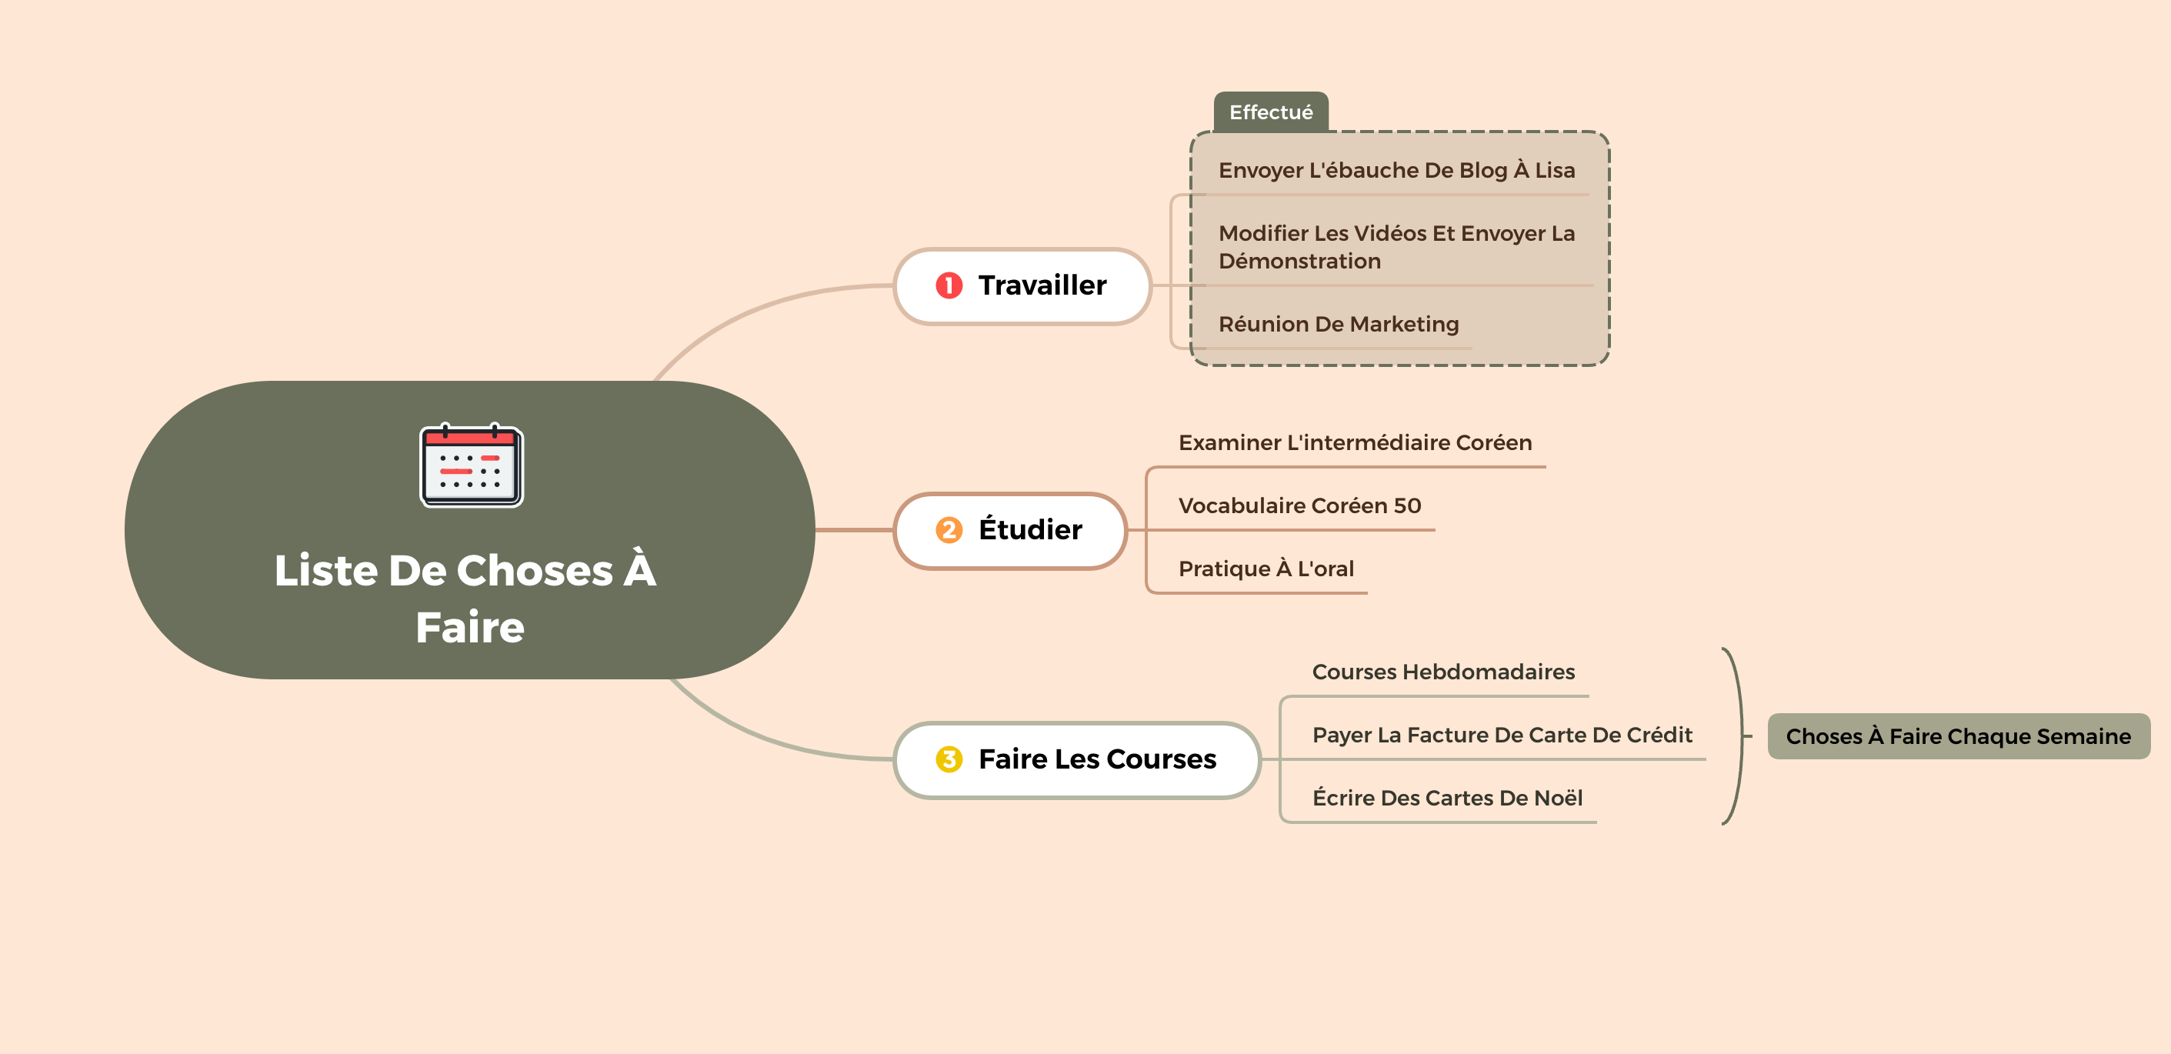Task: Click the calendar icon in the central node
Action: (x=471, y=465)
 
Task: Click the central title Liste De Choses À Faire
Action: (x=467, y=599)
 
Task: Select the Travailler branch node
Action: (x=1022, y=286)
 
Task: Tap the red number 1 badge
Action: (x=949, y=285)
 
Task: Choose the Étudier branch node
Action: (x=1011, y=531)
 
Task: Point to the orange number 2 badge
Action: (x=949, y=530)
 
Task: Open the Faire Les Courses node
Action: (x=1077, y=760)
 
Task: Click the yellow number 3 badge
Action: (x=949, y=759)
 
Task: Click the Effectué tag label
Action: (x=1271, y=112)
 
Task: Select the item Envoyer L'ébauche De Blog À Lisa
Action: (x=1396, y=170)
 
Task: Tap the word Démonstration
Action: (x=1299, y=261)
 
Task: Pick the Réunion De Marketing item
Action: (x=1339, y=325)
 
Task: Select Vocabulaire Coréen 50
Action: (x=1299, y=505)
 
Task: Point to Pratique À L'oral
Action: (x=1266, y=569)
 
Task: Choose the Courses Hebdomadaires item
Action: (x=1442, y=672)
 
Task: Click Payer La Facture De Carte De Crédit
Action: (x=1502, y=735)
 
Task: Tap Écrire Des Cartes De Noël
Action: (x=1447, y=798)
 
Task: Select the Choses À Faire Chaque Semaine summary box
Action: (x=1959, y=736)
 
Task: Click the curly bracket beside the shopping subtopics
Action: (x=1741, y=735)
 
